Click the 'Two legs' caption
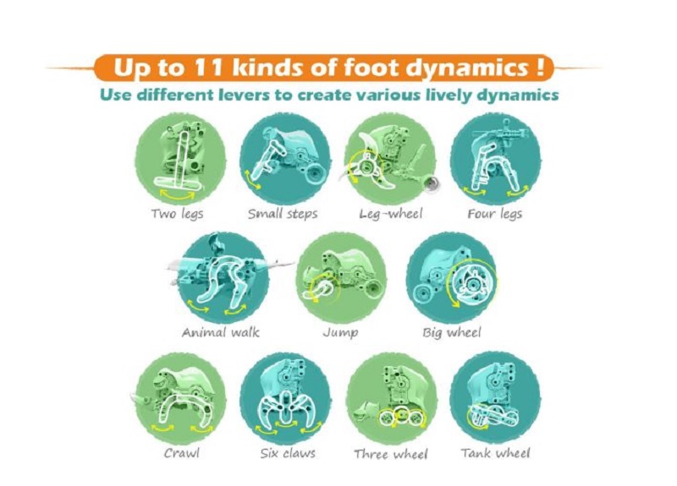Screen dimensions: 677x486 (x=177, y=214)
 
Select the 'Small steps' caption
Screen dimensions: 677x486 (x=283, y=214)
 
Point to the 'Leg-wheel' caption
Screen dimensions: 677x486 (x=391, y=214)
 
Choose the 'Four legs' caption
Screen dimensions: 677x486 (x=495, y=214)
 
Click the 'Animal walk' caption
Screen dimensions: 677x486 (x=221, y=332)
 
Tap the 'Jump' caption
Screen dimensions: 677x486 (x=340, y=333)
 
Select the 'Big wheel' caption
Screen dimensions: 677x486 (x=451, y=333)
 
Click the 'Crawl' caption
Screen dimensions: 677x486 (x=182, y=453)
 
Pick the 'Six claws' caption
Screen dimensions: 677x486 (x=288, y=453)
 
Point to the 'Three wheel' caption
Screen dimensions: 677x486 (x=391, y=454)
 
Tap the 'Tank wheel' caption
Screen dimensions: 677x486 (x=495, y=453)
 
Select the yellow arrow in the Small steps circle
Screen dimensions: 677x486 (x=252, y=180)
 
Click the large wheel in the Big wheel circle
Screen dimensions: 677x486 (x=471, y=282)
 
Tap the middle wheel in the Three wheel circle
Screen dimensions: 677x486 (x=402, y=415)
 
